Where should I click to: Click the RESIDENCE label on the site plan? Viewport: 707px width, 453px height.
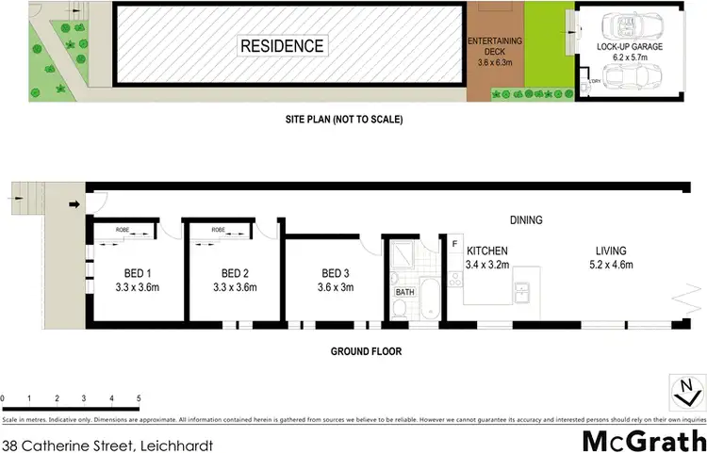(x=281, y=45)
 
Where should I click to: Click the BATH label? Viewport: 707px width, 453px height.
(x=404, y=293)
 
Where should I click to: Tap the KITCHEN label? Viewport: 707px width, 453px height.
(x=488, y=251)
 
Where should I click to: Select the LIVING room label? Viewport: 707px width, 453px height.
(x=612, y=251)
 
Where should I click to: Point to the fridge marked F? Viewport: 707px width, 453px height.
(x=454, y=245)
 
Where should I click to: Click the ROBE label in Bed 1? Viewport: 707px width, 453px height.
(x=123, y=230)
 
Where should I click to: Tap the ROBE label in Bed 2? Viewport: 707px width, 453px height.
(x=219, y=230)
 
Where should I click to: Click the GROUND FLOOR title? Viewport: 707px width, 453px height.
(x=366, y=351)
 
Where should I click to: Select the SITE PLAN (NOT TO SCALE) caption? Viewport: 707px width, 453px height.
(x=345, y=121)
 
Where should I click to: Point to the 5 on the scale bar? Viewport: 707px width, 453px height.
(x=139, y=398)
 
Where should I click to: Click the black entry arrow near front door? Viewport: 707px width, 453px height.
(x=75, y=202)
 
